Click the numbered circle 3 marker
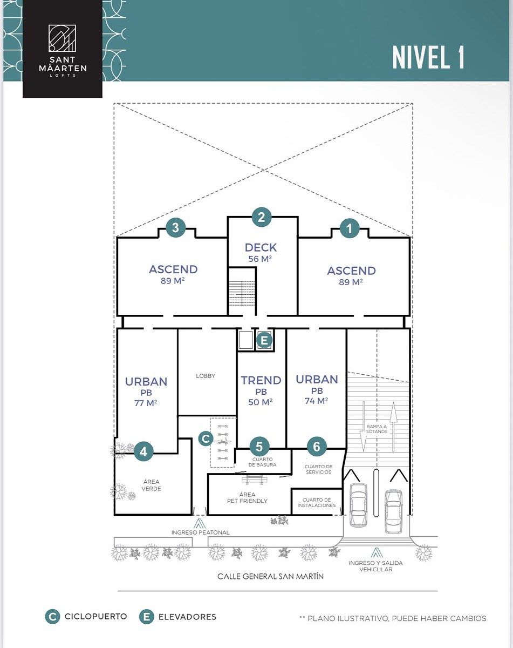(175, 227)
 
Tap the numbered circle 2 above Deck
(262, 217)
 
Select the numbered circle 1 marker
(350, 228)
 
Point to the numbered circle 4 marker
(143, 451)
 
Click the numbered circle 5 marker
(259, 447)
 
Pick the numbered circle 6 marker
(317, 446)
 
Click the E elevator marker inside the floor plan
(264, 341)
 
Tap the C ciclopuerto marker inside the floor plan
(206, 438)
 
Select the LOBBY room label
(206, 376)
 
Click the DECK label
(261, 247)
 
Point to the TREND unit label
(261, 380)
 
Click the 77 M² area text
(146, 403)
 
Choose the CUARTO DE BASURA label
(262, 462)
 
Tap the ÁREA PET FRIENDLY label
(247, 498)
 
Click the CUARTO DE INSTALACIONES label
(317, 503)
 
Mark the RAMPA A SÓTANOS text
(377, 429)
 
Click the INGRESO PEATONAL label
(200, 532)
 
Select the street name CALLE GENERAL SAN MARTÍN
(270, 576)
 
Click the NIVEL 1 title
(428, 58)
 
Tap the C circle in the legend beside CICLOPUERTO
(52, 617)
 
